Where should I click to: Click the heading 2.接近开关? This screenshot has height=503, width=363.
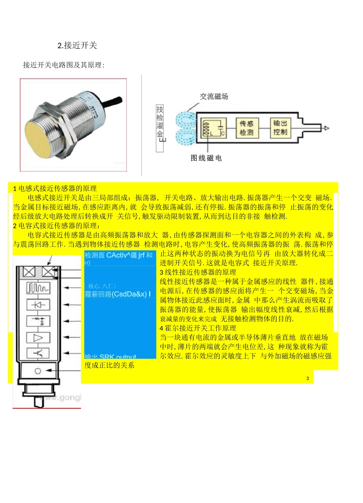(77, 46)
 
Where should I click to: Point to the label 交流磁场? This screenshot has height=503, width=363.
(214, 97)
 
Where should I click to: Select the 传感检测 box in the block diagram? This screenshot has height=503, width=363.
(246, 127)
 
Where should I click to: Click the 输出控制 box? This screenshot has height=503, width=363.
(280, 127)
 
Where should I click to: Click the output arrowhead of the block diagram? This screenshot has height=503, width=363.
(326, 128)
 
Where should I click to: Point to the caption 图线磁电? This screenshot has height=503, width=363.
(206, 158)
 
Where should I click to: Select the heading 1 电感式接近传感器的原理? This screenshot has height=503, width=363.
(55, 188)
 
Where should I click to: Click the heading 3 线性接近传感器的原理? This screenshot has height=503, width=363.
(198, 272)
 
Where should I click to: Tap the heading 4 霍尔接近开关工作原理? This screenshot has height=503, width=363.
(198, 328)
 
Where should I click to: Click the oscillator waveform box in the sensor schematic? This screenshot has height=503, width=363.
(37, 288)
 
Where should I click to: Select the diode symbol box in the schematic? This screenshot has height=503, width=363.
(37, 305)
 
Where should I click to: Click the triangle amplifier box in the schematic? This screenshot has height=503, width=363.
(37, 338)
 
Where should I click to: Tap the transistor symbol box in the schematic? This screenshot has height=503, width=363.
(37, 353)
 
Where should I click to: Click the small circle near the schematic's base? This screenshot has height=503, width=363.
(37, 371)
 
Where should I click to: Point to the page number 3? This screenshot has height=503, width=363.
(308, 378)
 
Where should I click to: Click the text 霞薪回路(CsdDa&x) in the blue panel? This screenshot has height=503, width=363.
(118, 294)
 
